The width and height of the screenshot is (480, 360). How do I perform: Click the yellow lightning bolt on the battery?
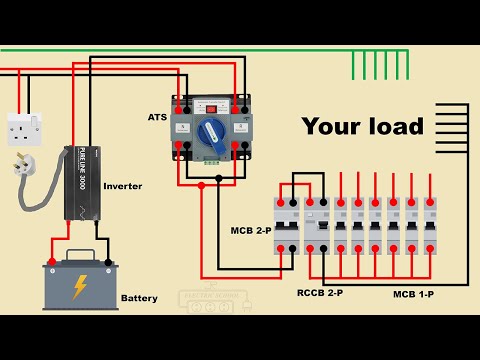pyautogui.click(x=79, y=288)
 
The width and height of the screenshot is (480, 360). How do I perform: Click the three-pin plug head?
pyautogui.click(x=21, y=163)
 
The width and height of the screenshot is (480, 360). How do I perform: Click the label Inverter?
pyautogui.click(x=122, y=186)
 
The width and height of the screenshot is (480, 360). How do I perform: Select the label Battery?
pyautogui.click(x=138, y=298)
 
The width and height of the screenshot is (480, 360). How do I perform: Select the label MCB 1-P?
pyautogui.click(x=417, y=295)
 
